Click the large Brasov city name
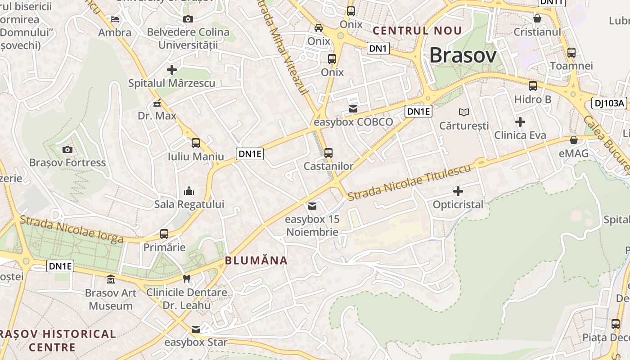click(463, 56)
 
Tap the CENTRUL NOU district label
click(417, 31)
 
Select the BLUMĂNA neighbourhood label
click(256, 260)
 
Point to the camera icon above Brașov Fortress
click(67, 149)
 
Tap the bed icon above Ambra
click(115, 19)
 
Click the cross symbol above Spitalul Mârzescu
click(171, 70)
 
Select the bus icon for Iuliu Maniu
click(195, 143)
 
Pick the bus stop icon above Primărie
click(164, 234)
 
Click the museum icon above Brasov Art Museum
click(110, 280)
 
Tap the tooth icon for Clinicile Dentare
click(187, 279)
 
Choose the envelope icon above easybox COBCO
click(353, 109)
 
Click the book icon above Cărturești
click(463, 112)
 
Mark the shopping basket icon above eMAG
click(574, 140)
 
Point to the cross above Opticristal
click(458, 191)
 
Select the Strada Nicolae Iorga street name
click(72, 229)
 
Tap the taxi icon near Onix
click(319, 28)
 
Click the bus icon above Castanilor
click(328, 153)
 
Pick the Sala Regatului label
click(189, 204)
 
